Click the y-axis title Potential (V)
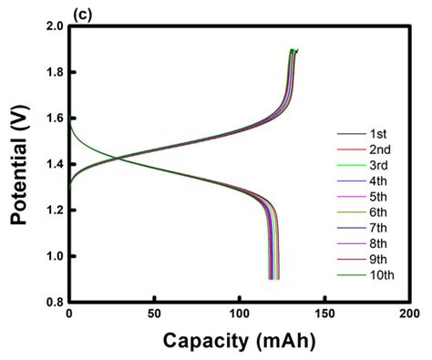coord(17,163)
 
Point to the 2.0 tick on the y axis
coord(52,26)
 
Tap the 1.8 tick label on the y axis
coord(52,72)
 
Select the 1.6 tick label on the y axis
coord(52,118)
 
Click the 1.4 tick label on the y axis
coord(52,164)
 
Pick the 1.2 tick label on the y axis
coord(52,211)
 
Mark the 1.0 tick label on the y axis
coord(52,256)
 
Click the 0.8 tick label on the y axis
coord(52,302)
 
